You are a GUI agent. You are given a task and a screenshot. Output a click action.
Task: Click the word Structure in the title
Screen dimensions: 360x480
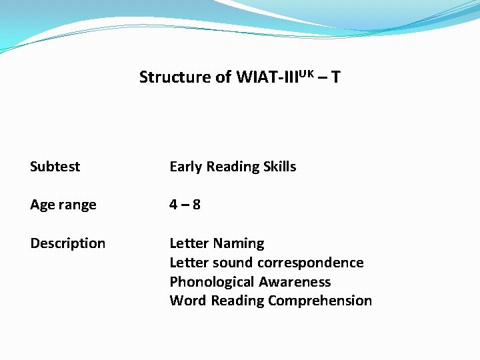point(175,77)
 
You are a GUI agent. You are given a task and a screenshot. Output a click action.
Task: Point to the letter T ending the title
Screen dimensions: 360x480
point(335,77)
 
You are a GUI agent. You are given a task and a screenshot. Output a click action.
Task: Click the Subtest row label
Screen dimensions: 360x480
point(55,167)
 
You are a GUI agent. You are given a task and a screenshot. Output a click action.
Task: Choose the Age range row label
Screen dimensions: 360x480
point(63,205)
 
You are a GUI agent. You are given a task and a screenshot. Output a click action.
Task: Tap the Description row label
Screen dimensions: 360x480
point(67,243)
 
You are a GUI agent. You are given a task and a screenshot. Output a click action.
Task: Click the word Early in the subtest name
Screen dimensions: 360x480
point(186,167)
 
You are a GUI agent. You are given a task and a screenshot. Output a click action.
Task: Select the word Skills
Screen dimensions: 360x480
point(278,167)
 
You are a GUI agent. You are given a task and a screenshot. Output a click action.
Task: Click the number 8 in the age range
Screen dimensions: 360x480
point(196,205)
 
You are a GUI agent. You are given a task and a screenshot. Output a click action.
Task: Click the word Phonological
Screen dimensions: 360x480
point(212,282)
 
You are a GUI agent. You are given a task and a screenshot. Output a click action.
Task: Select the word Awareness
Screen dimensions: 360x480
point(295,282)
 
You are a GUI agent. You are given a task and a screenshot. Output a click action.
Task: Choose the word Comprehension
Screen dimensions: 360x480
point(320,301)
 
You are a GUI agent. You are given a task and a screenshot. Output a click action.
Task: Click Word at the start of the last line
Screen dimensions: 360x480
point(188,301)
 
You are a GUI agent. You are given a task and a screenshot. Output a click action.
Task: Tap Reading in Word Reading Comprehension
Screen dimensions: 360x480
point(237,301)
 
